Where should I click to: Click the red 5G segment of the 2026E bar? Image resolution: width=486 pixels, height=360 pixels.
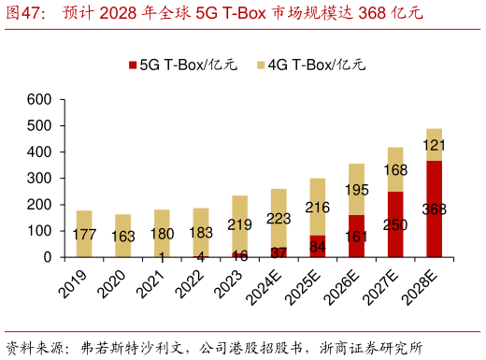(357, 235)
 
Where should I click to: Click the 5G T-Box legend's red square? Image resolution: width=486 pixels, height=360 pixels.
(133, 66)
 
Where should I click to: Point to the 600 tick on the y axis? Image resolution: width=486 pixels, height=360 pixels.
(39, 99)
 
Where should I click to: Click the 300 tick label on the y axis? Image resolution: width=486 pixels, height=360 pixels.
(39, 178)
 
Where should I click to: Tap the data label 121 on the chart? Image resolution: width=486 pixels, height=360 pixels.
(435, 145)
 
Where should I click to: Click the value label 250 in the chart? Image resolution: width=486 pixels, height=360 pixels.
(395, 225)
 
